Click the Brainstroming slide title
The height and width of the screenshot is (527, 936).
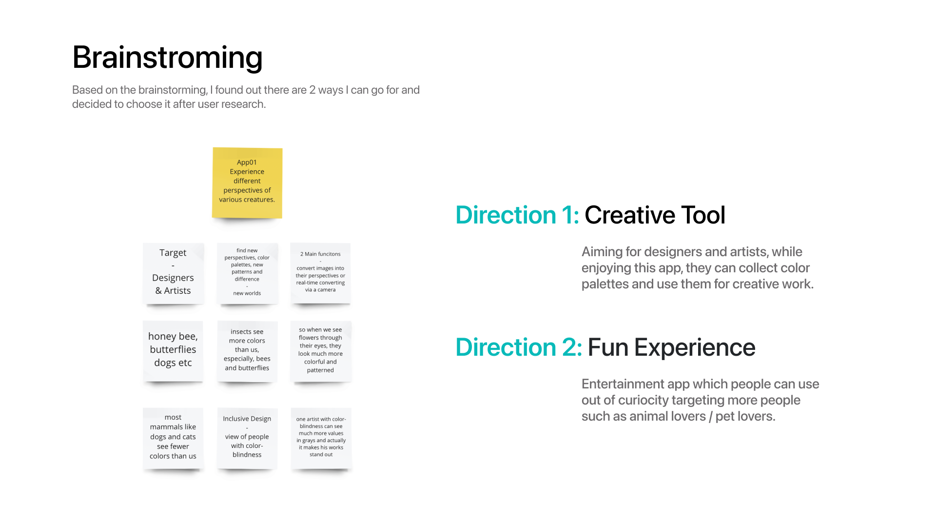point(167,58)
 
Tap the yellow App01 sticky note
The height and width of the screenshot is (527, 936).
point(247,182)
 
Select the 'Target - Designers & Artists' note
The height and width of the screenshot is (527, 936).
point(173,273)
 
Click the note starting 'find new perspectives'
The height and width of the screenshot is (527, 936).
point(247,273)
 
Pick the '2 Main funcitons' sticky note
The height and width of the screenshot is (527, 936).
point(320,273)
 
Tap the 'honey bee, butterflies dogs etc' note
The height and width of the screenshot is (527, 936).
point(173,351)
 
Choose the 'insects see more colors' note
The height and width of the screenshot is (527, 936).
point(247,351)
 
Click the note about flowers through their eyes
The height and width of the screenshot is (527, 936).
point(321,351)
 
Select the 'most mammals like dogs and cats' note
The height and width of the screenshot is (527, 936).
point(173,438)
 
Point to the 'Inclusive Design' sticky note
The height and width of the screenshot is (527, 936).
point(247,438)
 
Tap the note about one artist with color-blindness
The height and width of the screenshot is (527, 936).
point(321,438)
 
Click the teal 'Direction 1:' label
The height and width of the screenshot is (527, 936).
point(517,215)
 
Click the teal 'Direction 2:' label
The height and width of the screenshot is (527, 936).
point(519,347)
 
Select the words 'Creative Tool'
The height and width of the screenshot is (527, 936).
point(655,215)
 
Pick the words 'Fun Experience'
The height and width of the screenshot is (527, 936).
point(671,347)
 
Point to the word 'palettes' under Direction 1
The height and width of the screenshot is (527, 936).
point(605,284)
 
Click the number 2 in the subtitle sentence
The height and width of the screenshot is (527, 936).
point(312,90)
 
